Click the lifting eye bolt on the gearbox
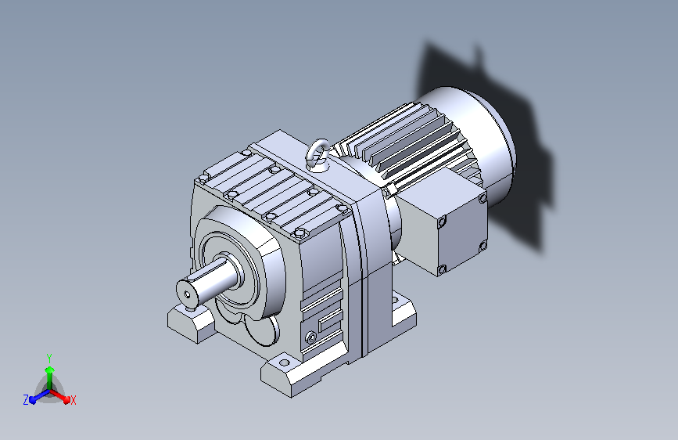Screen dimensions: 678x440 (317, 153)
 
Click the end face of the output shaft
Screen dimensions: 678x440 (187, 294)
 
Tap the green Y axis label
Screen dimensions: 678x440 (49, 359)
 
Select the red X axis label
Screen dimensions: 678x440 (73, 400)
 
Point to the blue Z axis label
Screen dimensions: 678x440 (26, 400)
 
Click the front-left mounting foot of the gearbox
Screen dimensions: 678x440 (191, 323)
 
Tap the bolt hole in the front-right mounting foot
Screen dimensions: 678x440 (284, 362)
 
